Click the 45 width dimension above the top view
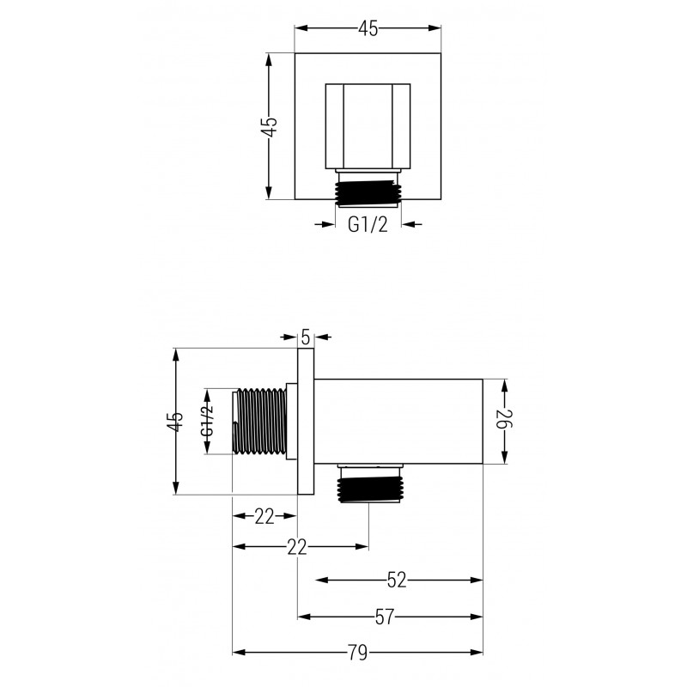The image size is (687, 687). pyautogui.click(x=368, y=28)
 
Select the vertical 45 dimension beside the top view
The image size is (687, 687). pyautogui.click(x=270, y=126)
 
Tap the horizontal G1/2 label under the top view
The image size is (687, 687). pyautogui.click(x=368, y=225)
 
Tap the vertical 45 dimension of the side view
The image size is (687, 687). pyautogui.click(x=175, y=421)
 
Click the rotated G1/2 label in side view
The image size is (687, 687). pyautogui.click(x=207, y=420)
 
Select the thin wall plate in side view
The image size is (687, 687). pyautogui.click(x=305, y=421)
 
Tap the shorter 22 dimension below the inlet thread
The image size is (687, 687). pyautogui.click(x=264, y=516)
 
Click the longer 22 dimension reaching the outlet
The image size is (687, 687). pyautogui.click(x=298, y=548)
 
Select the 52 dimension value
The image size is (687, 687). pyautogui.click(x=396, y=581)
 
